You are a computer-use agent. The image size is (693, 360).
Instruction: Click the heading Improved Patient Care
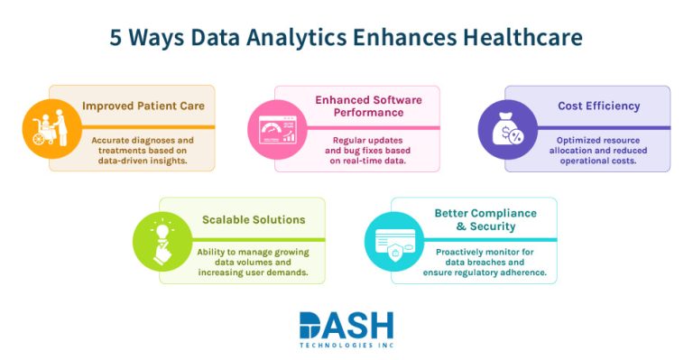(143, 106)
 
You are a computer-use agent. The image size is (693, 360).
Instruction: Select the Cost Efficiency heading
(598, 106)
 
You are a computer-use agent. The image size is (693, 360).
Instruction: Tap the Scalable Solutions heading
(254, 219)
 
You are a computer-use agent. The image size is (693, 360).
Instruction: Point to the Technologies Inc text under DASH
(346, 345)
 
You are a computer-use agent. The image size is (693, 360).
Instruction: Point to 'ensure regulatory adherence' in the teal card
(485, 272)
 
